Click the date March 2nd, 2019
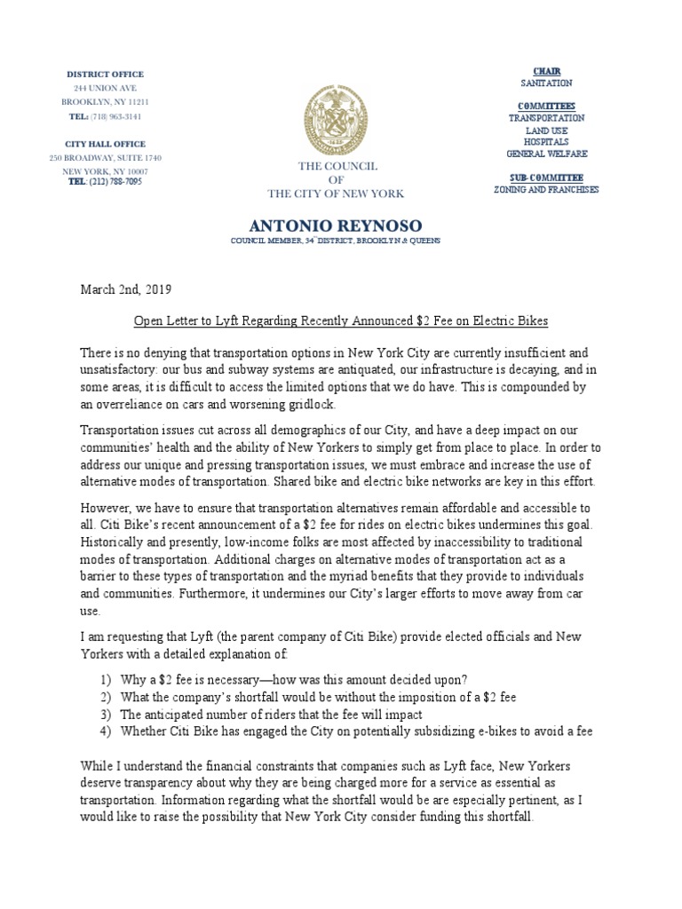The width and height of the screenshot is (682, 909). click(126, 290)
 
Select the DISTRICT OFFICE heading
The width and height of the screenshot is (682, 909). click(105, 75)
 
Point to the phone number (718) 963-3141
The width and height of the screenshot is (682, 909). click(114, 116)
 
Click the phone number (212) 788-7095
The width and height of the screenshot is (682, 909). click(115, 182)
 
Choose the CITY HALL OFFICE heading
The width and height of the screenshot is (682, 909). click(105, 144)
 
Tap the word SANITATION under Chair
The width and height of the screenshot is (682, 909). click(546, 83)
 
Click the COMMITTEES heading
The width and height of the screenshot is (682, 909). click(546, 106)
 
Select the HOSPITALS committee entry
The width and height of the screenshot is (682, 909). click(546, 141)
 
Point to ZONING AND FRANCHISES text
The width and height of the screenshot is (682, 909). click(546, 189)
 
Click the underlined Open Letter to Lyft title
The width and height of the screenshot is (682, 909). click(335, 320)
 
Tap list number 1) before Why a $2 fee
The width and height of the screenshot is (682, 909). click(107, 680)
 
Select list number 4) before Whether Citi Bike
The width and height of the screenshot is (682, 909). click(107, 731)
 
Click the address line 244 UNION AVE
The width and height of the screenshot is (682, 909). click(105, 89)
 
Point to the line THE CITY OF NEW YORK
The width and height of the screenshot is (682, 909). click(336, 194)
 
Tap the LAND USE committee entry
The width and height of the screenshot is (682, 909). click(546, 130)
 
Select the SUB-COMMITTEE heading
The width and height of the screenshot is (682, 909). click(546, 178)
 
